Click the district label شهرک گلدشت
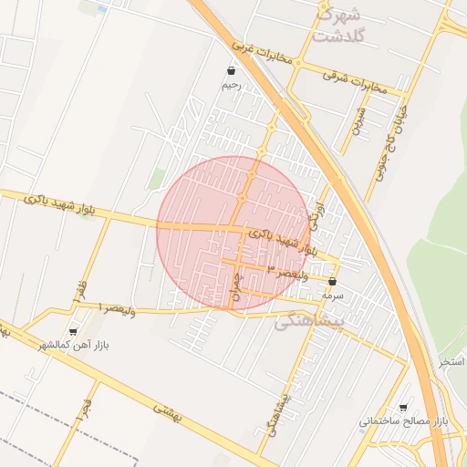(x=337, y=26)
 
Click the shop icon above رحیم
(x=231, y=70)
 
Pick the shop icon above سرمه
(x=332, y=282)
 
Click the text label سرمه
(x=332, y=296)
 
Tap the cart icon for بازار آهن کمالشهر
(x=73, y=333)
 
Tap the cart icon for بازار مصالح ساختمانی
(x=403, y=408)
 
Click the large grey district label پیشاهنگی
(x=310, y=321)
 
